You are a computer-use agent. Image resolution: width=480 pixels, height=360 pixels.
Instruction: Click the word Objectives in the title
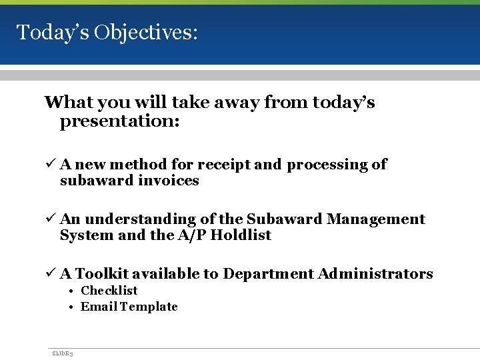pos(145,32)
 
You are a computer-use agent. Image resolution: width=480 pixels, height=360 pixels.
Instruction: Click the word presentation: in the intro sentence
pos(120,123)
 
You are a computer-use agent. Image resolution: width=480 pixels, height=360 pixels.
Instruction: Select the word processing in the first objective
pos(327,165)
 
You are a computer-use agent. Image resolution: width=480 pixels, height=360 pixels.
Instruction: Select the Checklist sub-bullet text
pos(109,291)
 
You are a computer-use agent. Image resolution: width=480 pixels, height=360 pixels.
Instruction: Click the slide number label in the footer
pos(63,353)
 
